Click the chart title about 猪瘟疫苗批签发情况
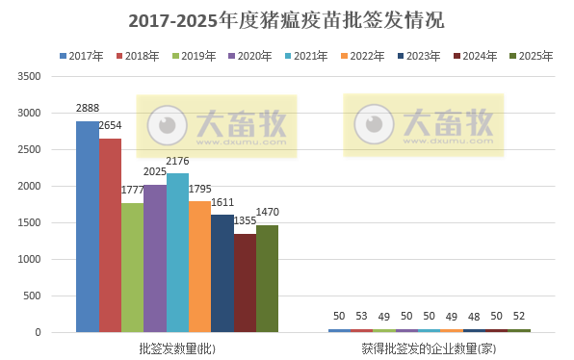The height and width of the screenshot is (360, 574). click(286, 19)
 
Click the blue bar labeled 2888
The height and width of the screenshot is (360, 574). click(88, 226)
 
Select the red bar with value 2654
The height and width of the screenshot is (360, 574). click(110, 235)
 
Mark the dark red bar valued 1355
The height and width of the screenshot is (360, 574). click(245, 283)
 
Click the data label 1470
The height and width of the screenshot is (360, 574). click(267, 211)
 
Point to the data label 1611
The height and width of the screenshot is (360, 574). click(222, 201)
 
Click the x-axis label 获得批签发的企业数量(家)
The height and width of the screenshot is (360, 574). click(429, 347)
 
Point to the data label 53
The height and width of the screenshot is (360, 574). click(361, 317)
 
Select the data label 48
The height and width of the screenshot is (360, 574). click(474, 317)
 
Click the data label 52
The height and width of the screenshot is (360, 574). click(519, 317)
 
